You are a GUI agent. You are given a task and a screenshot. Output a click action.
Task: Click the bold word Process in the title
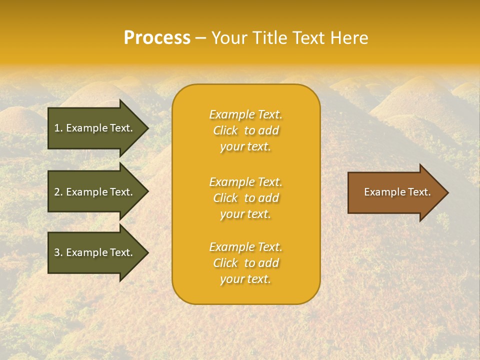pyautogui.click(x=157, y=38)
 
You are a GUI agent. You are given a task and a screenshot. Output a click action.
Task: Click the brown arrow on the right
pyautogui.click(x=395, y=192)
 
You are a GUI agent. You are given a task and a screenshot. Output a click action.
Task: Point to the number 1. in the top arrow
pyautogui.click(x=58, y=128)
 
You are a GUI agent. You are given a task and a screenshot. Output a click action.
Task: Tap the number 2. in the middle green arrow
pyautogui.click(x=58, y=192)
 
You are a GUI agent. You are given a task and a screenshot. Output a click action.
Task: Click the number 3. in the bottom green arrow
pyautogui.click(x=58, y=252)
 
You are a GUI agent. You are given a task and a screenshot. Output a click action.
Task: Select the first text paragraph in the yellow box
pyautogui.click(x=245, y=130)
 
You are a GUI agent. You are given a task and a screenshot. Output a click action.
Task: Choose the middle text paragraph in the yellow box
pyautogui.click(x=245, y=198)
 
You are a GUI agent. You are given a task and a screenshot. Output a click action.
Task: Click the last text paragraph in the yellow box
pyautogui.click(x=245, y=263)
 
